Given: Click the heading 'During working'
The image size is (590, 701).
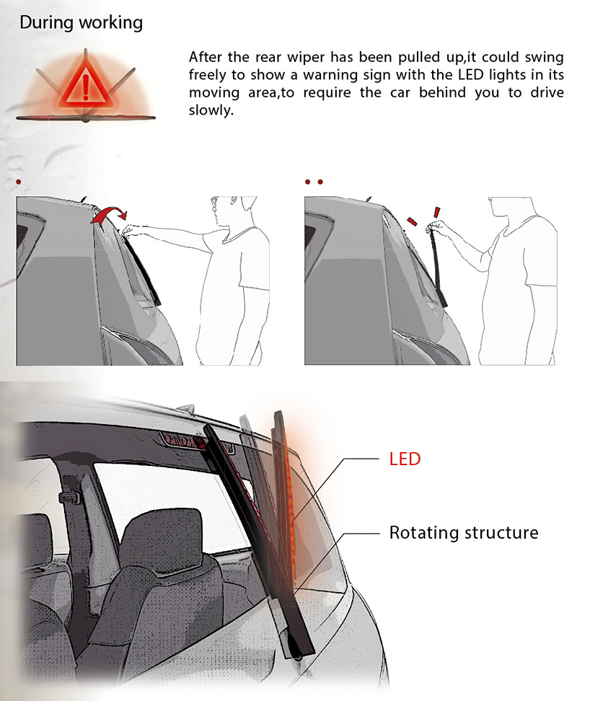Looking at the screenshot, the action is coord(81,22).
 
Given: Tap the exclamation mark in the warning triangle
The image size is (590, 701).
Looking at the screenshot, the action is coord(85,86).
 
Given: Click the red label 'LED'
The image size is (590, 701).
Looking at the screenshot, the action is coord(405,459).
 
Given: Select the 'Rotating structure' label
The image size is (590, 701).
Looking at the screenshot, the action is coord(464,532).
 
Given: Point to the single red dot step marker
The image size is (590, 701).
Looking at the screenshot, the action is coord(18,182).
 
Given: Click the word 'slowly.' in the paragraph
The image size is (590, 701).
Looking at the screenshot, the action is coord(211,110).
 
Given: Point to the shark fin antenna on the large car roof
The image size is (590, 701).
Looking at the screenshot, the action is coord(187,408).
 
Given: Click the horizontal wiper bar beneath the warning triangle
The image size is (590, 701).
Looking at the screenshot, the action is coord(85,118).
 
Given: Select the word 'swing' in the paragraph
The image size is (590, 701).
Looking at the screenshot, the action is coord(544,57).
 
